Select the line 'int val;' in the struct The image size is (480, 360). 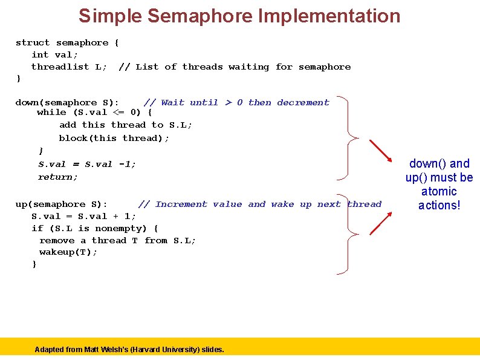point(55,54)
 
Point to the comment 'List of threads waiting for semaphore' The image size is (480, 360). point(235,67)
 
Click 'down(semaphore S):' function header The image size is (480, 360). point(67,102)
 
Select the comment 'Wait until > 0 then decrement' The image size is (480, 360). point(236,102)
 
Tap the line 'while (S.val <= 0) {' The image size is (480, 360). point(94,112)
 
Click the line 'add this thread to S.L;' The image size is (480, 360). point(126,125)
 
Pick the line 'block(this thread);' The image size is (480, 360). point(114,138)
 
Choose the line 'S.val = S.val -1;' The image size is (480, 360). point(87,164)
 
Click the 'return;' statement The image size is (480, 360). point(58,177)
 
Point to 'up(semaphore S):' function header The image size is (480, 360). point(62,204)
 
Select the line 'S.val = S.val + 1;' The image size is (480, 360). point(84,216)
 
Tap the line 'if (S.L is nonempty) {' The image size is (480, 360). point(95,228)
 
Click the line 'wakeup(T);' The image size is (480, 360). point(68,252)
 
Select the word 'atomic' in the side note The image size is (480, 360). point(439,192)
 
